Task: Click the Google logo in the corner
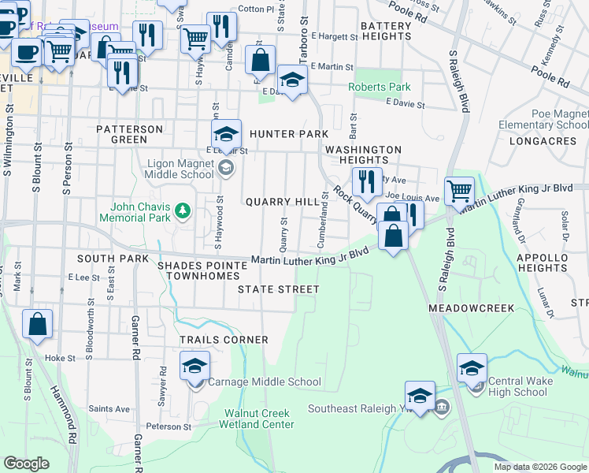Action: (x=27, y=464)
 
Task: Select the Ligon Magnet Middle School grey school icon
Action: (x=226, y=166)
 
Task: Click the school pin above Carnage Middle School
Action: (x=194, y=367)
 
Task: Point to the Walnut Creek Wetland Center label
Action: (x=257, y=419)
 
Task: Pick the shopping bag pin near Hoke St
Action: (x=37, y=324)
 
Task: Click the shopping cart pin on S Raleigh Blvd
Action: (x=459, y=190)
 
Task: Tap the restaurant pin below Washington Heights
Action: (x=366, y=182)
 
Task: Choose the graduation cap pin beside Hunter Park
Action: (x=226, y=133)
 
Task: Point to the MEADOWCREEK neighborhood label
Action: (x=471, y=307)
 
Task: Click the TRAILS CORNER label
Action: (x=224, y=340)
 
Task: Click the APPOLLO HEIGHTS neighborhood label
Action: (x=542, y=263)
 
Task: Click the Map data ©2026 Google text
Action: (x=540, y=467)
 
